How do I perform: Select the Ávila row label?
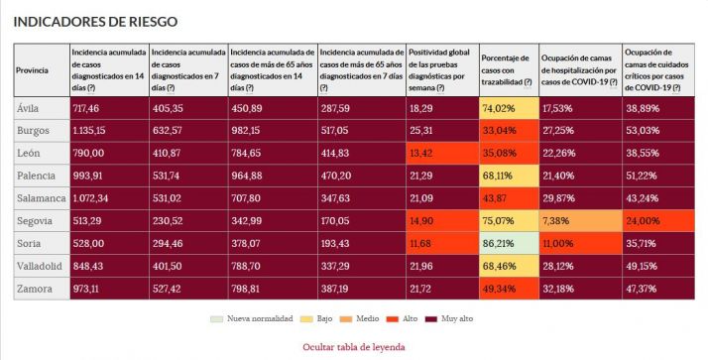tap(30, 107)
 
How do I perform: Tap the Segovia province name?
tap(36, 220)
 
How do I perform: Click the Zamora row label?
tap(35, 288)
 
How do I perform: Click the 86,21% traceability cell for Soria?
tap(508, 243)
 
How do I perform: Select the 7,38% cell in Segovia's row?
tap(579, 220)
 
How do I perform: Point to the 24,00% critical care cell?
tap(661, 220)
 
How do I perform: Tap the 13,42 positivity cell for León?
tap(442, 153)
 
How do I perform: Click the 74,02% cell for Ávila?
tap(508, 107)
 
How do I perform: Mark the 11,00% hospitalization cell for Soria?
tap(579, 243)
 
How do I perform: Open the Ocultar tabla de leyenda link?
tap(354, 347)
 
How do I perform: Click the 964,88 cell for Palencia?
tap(273, 176)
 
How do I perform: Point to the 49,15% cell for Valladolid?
tap(661, 266)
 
